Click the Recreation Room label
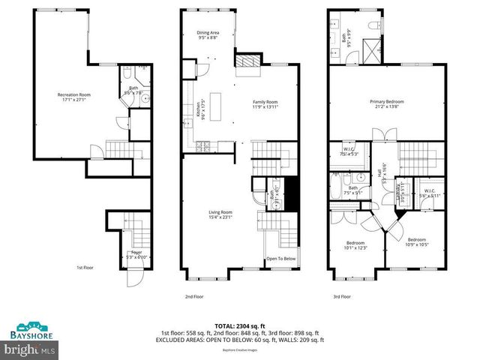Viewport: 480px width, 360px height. (74, 97)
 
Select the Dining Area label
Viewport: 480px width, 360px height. (208, 35)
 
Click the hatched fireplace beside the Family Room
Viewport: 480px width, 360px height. (246, 61)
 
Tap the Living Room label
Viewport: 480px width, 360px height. (220, 215)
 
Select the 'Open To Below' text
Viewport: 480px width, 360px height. (280, 259)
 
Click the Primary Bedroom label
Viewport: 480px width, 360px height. (388, 103)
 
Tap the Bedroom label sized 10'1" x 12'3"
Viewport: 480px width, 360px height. (355, 246)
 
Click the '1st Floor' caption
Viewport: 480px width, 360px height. (84, 267)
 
